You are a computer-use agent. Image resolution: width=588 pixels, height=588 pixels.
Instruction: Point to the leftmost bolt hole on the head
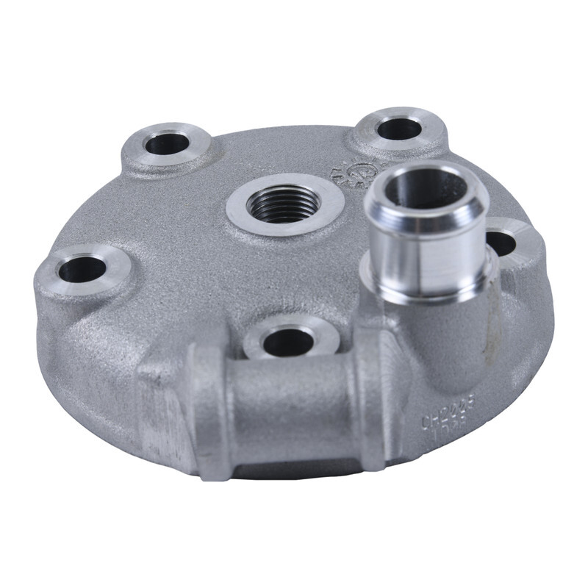pos(82,270)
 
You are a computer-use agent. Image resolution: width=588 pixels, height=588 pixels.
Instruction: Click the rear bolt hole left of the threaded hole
pos(167,143)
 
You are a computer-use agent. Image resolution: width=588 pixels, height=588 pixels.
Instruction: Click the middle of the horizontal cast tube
pos(294,412)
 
